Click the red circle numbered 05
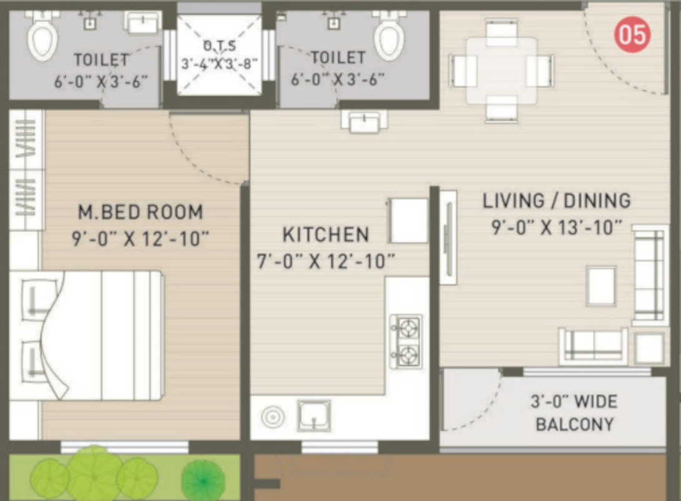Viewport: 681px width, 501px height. tap(632, 34)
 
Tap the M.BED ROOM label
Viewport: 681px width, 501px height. tap(140, 212)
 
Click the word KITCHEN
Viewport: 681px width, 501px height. tap(326, 235)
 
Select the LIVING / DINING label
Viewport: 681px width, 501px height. tap(557, 201)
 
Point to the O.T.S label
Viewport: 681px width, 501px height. tap(220, 45)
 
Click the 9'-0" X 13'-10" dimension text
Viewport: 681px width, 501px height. tap(557, 227)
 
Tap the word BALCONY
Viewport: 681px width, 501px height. tap(575, 424)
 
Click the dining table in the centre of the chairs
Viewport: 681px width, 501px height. tap(502, 71)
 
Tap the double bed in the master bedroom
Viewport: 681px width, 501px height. tap(87, 335)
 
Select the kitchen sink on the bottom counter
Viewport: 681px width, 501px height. tap(314, 416)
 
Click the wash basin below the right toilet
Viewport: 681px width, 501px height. tap(364, 121)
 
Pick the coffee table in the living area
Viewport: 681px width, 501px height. tap(601, 286)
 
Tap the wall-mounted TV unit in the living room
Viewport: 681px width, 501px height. tap(449, 237)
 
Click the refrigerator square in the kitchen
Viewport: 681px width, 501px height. tap(408, 221)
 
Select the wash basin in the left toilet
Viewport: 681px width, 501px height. tap(142, 22)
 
